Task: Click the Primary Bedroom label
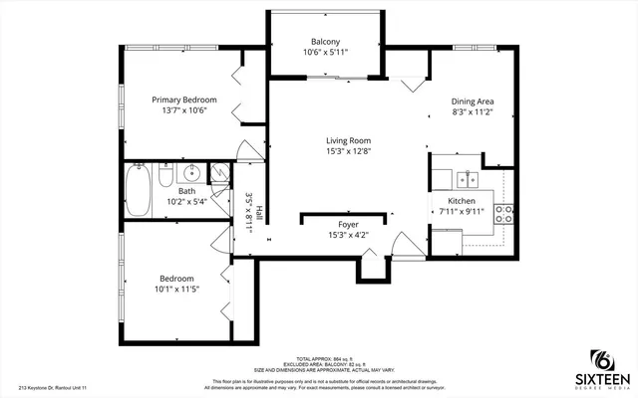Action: (x=184, y=99)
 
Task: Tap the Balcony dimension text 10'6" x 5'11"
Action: (x=325, y=54)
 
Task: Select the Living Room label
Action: (x=348, y=140)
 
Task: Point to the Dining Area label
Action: (x=473, y=101)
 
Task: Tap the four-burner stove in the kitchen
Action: (x=504, y=210)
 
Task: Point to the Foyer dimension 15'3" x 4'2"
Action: (x=348, y=237)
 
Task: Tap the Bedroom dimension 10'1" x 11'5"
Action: (x=176, y=291)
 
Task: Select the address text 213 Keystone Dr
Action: (x=50, y=388)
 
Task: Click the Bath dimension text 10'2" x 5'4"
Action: (x=185, y=201)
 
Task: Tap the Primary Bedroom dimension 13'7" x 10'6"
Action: (x=184, y=111)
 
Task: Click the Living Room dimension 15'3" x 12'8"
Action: (x=348, y=152)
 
